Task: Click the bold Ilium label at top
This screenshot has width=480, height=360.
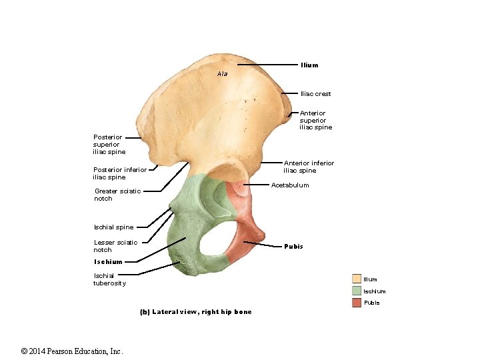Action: pyautogui.click(x=309, y=65)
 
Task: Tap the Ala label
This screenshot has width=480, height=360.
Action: pyautogui.click(x=222, y=73)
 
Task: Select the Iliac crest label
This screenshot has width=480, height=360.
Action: pyautogui.click(x=315, y=94)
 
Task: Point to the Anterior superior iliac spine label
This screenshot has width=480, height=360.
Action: pyautogui.click(x=315, y=120)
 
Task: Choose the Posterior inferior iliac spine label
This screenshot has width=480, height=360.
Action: pyautogui.click(x=119, y=173)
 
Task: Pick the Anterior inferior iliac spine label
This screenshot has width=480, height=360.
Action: pyautogui.click(x=309, y=167)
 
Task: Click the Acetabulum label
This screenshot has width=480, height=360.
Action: pyautogui.click(x=290, y=185)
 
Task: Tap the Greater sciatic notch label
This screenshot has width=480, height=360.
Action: pyautogui.click(x=117, y=195)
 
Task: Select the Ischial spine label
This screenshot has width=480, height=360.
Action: pyautogui.click(x=113, y=227)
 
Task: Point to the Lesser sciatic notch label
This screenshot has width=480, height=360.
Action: pyautogui.click(x=115, y=246)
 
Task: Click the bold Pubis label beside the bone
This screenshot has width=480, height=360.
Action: pyautogui.click(x=293, y=247)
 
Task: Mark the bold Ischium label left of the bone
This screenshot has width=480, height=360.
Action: pyautogui.click(x=108, y=262)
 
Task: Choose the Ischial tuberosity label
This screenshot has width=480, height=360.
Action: pyautogui.click(x=109, y=279)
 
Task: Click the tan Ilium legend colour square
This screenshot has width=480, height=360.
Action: pyautogui.click(x=357, y=279)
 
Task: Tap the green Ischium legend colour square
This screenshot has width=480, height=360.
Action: pyautogui.click(x=357, y=291)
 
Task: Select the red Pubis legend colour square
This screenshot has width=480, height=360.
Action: pyautogui.click(x=357, y=303)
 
